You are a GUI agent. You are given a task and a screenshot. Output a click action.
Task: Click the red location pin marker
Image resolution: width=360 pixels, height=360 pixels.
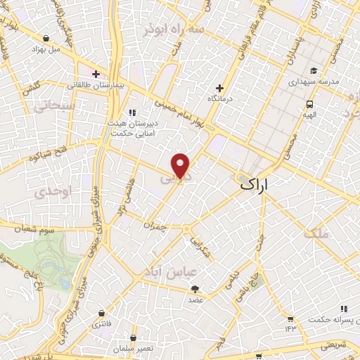(181, 165)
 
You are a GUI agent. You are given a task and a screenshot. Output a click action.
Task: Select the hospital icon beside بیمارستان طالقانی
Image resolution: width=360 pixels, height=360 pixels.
(96, 73)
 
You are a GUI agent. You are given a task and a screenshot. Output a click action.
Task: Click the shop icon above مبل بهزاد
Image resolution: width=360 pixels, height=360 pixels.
(46, 38)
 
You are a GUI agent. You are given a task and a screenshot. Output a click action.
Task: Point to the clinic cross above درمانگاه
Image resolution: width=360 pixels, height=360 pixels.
(219, 88)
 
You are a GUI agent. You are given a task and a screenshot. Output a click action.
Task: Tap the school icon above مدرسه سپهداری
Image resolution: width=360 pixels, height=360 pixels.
(313, 70)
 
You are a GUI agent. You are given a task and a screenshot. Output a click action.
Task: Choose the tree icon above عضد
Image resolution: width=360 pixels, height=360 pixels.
(195, 288)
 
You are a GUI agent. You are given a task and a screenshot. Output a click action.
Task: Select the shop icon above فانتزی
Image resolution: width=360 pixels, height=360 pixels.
(103, 312)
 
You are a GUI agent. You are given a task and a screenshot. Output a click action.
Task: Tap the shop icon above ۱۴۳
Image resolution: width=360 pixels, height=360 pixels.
(290, 317)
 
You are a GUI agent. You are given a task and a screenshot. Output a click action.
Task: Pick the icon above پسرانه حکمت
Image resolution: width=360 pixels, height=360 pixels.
(343, 309)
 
